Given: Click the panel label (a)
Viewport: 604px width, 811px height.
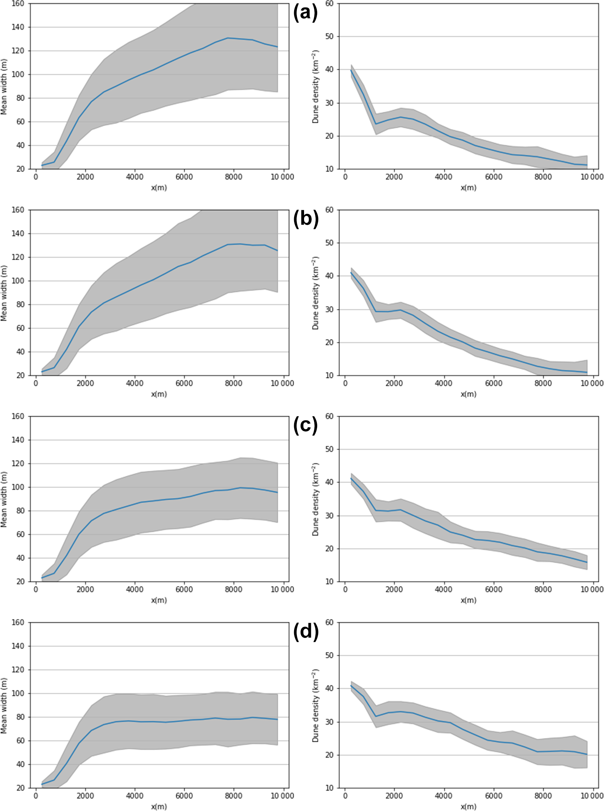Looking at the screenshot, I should click(x=306, y=13).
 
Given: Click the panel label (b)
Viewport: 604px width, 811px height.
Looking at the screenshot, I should click(x=306, y=220).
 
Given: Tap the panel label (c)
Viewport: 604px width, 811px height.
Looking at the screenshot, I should click(x=306, y=425).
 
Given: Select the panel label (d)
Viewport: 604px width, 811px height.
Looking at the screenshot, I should click(x=306, y=631).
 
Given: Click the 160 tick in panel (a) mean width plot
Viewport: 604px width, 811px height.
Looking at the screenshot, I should click(x=18, y=4).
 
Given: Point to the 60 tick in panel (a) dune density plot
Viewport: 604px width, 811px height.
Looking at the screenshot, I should click(x=329, y=4).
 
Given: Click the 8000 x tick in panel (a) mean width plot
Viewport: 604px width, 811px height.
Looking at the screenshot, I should click(x=233, y=177).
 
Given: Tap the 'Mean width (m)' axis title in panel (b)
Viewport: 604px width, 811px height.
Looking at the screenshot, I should click(x=4, y=293).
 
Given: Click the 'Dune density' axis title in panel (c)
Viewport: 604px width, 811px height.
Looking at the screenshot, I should click(x=315, y=500).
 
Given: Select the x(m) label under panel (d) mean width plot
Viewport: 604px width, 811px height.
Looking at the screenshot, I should click(x=159, y=806).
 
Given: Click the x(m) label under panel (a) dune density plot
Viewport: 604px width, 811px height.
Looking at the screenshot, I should click(x=468, y=188).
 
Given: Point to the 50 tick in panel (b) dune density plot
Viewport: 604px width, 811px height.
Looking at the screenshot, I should click(x=329, y=243).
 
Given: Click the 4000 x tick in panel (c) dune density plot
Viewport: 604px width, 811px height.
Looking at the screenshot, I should click(x=443, y=589).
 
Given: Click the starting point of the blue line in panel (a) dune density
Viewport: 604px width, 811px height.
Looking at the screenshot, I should click(x=351, y=71).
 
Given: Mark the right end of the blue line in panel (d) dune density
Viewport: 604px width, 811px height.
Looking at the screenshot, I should click(x=587, y=754).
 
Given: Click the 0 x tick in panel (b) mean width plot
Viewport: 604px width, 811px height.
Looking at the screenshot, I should click(x=36, y=383).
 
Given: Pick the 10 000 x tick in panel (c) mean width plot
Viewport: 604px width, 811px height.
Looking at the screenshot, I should click(x=282, y=589).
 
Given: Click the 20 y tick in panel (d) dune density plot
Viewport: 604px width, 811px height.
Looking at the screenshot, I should click(x=329, y=755).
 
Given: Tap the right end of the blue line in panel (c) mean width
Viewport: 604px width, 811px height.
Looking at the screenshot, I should click(x=278, y=492).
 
